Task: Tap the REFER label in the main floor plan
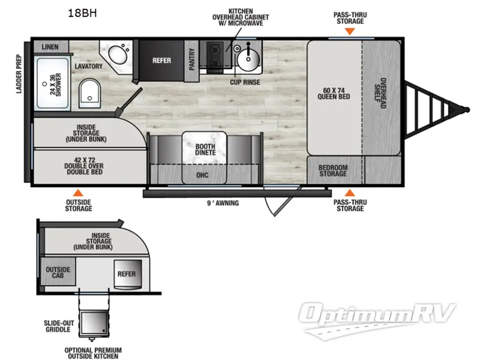point(161,61)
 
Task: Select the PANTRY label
point(193,60)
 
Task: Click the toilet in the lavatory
point(89,92)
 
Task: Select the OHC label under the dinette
point(203,176)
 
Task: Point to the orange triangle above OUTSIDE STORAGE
point(77,193)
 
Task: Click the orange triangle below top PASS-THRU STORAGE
point(350,30)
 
